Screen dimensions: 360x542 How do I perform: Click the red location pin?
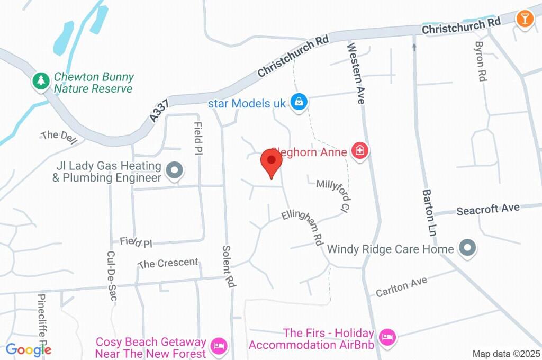pos(272,162)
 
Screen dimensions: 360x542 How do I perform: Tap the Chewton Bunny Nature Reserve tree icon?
pos(41,81)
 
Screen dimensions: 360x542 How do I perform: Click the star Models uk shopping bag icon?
pos(299,102)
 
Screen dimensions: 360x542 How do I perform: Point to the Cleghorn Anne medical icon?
pos(360,151)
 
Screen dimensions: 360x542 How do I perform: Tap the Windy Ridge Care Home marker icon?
pos(467,248)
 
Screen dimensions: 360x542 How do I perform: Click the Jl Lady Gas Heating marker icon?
pos(174,170)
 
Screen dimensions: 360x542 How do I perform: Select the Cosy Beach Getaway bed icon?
pos(218,347)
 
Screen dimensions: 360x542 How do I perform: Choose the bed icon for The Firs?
pos(388,336)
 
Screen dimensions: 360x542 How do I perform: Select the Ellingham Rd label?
pos(302,226)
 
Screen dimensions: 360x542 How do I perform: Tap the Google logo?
pos(28,349)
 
